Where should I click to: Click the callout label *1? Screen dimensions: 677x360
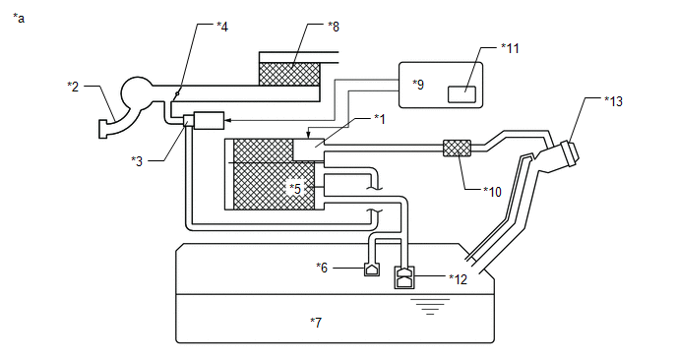tap(380, 119)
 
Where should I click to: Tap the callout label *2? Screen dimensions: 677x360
tap(73, 87)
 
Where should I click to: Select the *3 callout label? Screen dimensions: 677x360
tap(137, 161)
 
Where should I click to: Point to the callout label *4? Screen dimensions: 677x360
tap(222, 27)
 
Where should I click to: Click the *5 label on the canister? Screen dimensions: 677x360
tap(295, 189)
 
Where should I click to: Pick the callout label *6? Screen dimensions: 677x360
tap(322, 268)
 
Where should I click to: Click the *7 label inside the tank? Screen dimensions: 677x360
tap(316, 322)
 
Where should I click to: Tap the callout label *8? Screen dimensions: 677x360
tap(334, 27)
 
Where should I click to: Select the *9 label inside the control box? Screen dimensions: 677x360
tap(418, 85)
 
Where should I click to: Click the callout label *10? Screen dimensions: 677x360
tap(492, 192)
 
